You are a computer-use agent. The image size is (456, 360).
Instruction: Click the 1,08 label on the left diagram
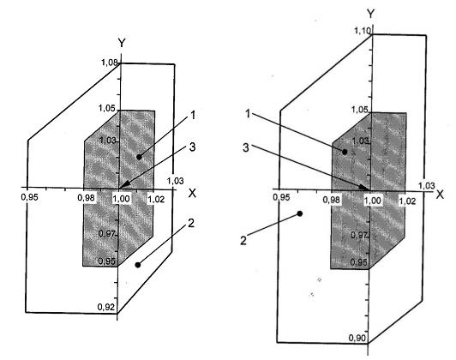(x=110, y=62)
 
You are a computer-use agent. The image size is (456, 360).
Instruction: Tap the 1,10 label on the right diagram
(x=363, y=30)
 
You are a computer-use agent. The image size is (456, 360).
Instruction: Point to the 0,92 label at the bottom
(x=106, y=307)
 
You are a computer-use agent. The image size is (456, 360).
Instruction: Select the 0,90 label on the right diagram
(x=357, y=338)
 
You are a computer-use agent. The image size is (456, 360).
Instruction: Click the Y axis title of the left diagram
(x=122, y=43)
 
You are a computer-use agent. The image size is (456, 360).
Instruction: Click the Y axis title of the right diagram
(x=370, y=14)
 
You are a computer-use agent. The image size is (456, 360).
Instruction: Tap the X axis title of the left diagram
(x=192, y=193)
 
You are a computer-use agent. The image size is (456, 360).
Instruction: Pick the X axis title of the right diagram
(x=440, y=195)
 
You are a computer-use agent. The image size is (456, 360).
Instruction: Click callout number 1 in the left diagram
(x=192, y=116)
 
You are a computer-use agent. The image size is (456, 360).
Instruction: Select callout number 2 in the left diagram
(x=191, y=224)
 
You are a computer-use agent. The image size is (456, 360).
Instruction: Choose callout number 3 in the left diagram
(x=192, y=147)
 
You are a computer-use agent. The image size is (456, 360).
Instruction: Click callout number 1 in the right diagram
(x=248, y=114)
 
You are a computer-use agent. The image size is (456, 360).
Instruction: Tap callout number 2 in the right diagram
(x=243, y=241)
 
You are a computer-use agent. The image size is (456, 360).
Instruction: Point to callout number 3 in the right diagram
(x=246, y=147)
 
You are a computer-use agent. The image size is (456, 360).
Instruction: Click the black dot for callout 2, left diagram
(x=138, y=265)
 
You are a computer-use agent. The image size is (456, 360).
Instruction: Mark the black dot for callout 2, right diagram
(x=300, y=213)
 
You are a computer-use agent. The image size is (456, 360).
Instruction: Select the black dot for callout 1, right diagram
(x=345, y=152)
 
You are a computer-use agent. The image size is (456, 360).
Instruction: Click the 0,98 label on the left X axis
(x=86, y=198)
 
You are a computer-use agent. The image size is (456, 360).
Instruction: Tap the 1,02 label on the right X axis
(x=407, y=201)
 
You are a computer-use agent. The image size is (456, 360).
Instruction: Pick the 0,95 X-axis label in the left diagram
(x=30, y=197)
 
